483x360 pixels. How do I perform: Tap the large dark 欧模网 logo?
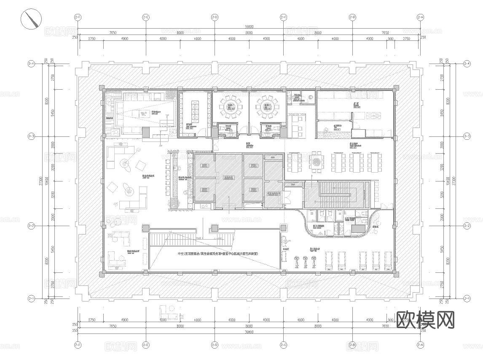(426, 320)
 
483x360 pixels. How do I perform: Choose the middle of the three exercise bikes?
(304, 262)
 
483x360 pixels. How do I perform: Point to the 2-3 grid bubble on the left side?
(31, 136)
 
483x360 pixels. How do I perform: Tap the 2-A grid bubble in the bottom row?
(420, 345)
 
